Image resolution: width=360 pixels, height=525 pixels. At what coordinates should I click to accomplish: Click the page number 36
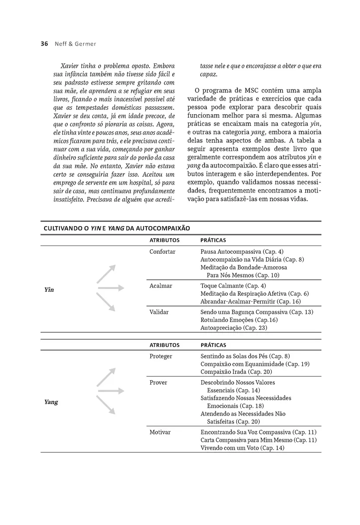[x=44, y=44]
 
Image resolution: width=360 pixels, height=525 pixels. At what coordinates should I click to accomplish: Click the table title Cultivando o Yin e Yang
[x=117, y=228]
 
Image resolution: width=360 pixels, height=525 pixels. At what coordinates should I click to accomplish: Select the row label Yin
[x=49, y=290]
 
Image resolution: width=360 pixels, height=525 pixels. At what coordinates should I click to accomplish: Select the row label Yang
[x=51, y=402]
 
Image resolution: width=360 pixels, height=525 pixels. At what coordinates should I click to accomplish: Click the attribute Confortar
[x=162, y=252]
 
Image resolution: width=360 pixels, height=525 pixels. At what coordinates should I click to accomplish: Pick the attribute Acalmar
[x=161, y=286]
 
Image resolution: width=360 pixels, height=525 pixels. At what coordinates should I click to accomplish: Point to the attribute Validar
[x=159, y=312]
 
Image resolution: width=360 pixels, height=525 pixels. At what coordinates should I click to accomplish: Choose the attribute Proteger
[x=161, y=356]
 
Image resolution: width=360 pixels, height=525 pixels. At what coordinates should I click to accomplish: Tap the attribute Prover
[x=158, y=382]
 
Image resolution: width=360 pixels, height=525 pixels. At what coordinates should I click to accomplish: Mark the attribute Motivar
[x=160, y=432]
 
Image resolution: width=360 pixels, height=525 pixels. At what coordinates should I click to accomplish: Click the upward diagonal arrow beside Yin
[x=106, y=274]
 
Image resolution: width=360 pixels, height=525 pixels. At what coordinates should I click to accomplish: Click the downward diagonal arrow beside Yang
[x=106, y=405]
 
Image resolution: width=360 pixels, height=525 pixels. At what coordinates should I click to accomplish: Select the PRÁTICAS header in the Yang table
[x=213, y=345]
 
